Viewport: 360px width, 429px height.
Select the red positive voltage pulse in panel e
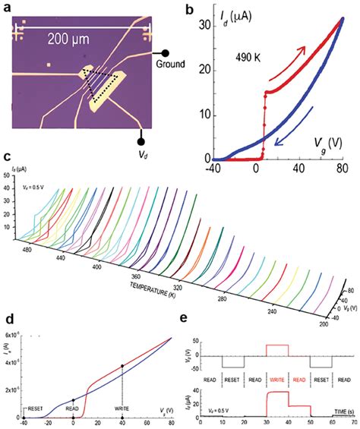pos(276,348)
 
